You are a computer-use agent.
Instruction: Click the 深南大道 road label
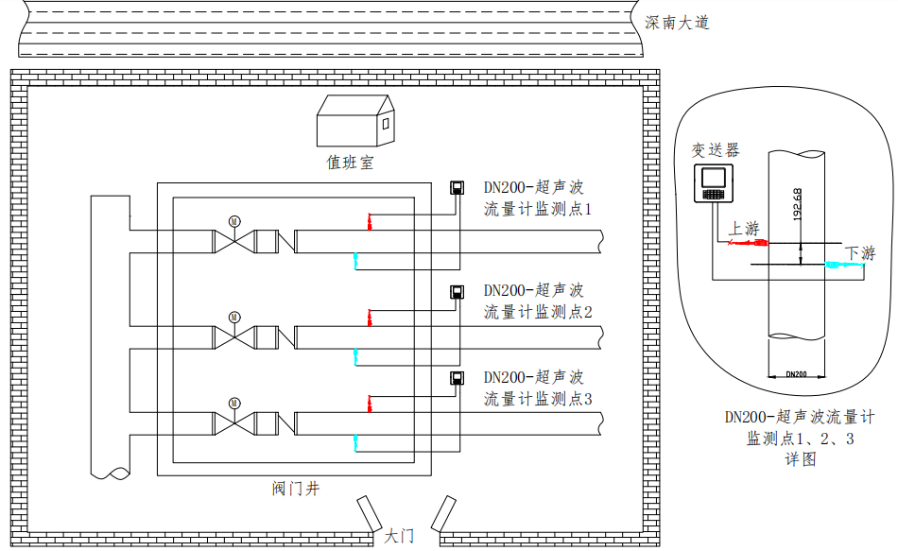[x=677, y=23]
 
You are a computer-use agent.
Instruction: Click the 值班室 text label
[x=350, y=163]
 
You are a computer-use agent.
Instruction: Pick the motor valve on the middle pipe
[x=233, y=335]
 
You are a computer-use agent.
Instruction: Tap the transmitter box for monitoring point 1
[x=457, y=186]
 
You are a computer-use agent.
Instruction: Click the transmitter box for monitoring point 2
[x=457, y=291]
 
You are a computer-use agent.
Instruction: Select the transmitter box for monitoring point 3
[x=457, y=379]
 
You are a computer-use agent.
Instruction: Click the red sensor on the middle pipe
[x=370, y=317]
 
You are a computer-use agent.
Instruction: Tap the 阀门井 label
[x=295, y=488]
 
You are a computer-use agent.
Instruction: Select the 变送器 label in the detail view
[x=716, y=149]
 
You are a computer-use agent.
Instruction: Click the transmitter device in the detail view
[x=714, y=182]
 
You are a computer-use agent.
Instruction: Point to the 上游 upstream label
[x=744, y=229]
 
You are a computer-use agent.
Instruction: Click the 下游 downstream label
[x=860, y=252]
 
